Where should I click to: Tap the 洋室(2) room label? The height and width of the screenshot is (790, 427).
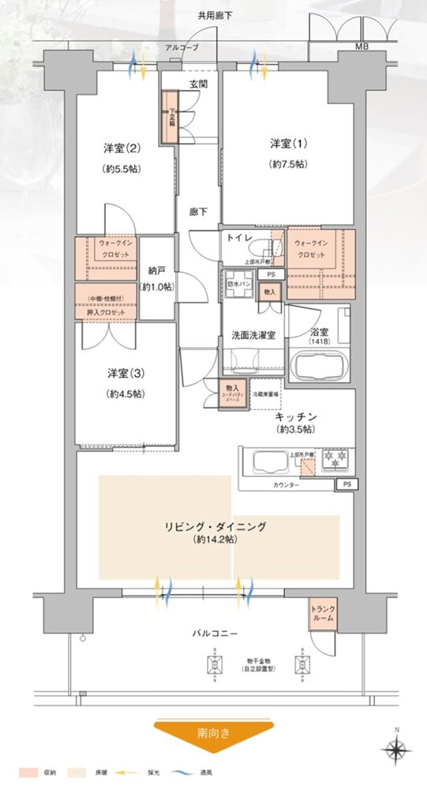pyautogui.click(x=121, y=148)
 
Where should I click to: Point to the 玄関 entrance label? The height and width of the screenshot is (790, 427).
pyautogui.click(x=198, y=83)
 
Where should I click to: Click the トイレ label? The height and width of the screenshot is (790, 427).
pyautogui.click(x=239, y=237)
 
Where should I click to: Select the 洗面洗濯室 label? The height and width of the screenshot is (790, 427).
pyautogui.click(x=253, y=334)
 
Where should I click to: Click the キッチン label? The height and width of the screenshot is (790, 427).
pyautogui.click(x=297, y=416)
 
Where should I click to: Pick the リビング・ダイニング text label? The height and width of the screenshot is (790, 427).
pyautogui.click(x=215, y=526)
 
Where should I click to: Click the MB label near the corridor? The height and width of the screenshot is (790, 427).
pyautogui.click(x=361, y=47)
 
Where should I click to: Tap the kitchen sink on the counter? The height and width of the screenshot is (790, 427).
pyautogui.click(x=264, y=463)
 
